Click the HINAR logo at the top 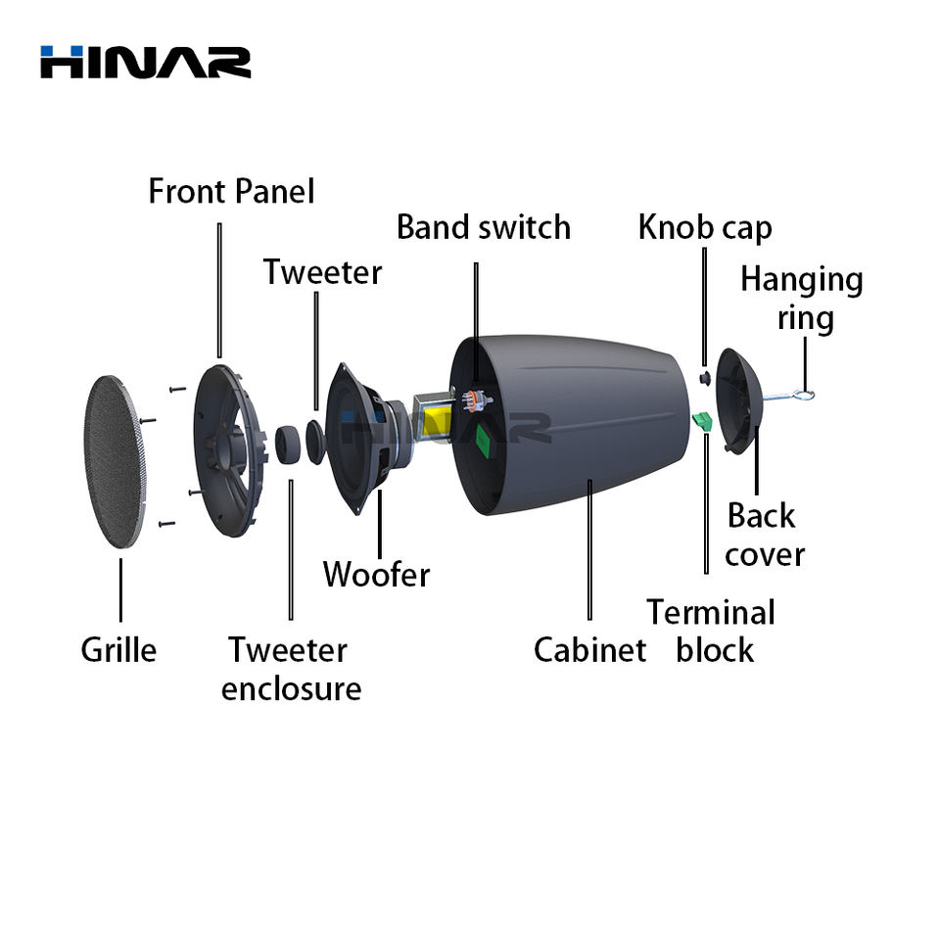tap(145, 62)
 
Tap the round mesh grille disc tap(116, 461)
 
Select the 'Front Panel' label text tap(231, 191)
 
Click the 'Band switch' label tap(483, 227)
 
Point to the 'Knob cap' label tap(705, 228)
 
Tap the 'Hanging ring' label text tap(802, 299)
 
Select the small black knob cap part tap(705, 378)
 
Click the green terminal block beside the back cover tap(702, 421)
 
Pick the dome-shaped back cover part tap(738, 400)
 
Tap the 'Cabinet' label tap(589, 650)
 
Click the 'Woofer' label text tap(376, 575)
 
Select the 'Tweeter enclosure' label tap(292, 669)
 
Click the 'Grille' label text tap(118, 650)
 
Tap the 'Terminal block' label tap(712, 632)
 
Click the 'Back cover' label tap(765, 535)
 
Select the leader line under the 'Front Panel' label tap(219, 291)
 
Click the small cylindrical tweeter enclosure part tap(288, 445)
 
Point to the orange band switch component tap(476, 400)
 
